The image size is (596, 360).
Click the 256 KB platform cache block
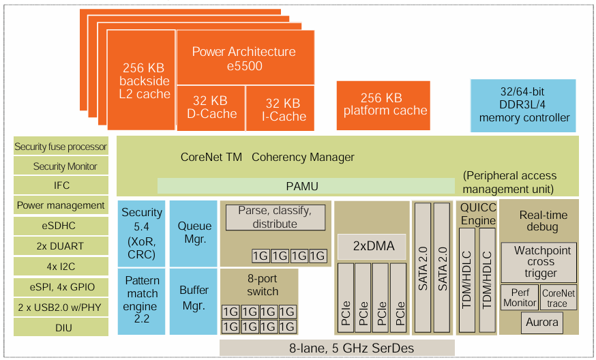[385, 105]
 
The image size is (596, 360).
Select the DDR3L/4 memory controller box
[523, 106]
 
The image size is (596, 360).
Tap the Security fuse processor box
[61, 147]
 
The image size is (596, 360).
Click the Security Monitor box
[61, 166]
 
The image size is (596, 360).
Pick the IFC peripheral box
[61, 185]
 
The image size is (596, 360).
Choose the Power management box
[61, 205]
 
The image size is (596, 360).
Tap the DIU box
[61, 327]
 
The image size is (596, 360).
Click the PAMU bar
[306, 186]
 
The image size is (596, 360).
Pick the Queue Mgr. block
[194, 232]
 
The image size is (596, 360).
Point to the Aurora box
[543, 322]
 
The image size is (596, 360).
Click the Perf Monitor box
[520, 298]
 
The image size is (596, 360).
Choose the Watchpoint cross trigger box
[540, 262]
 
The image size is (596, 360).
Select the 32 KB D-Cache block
[211, 108]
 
